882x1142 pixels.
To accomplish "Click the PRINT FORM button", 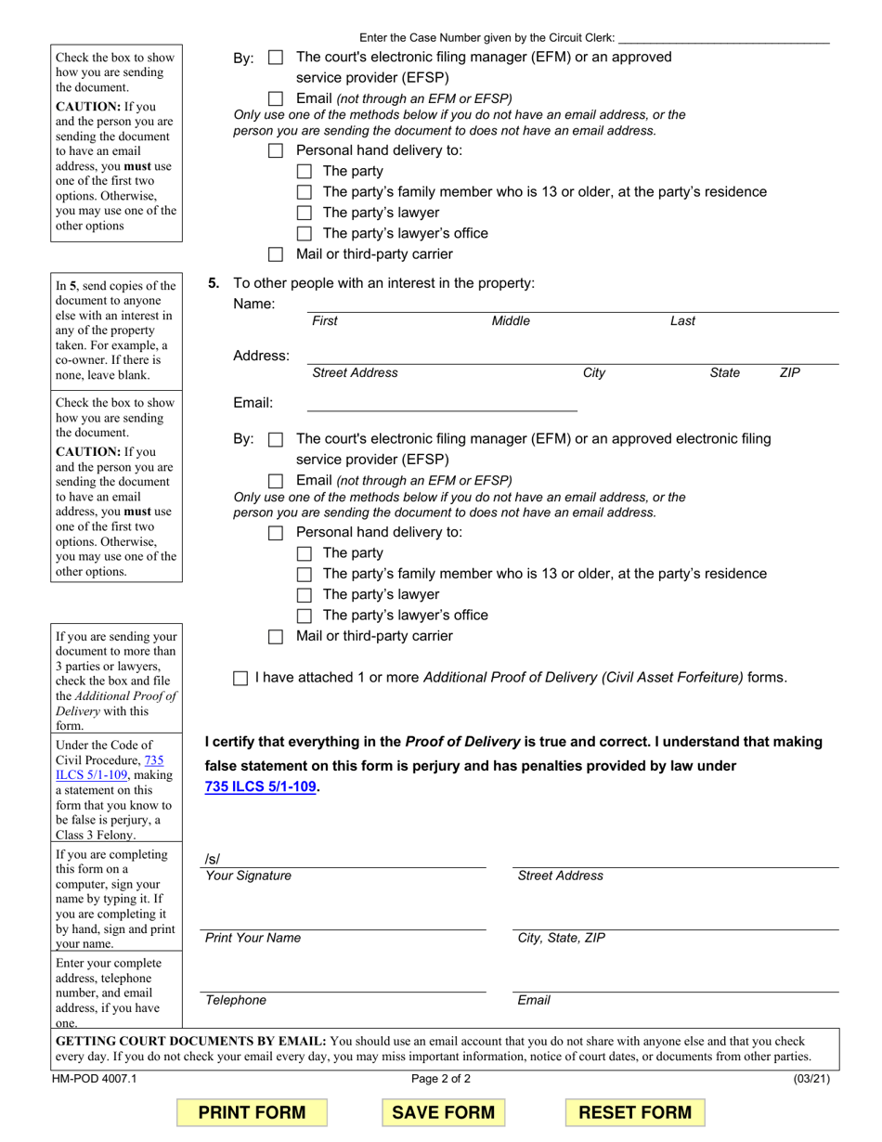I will click(252, 1112).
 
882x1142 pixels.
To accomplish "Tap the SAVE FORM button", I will click(444, 1112).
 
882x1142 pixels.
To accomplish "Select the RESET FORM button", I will click(635, 1112).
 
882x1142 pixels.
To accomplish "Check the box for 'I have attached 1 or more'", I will click(240, 679).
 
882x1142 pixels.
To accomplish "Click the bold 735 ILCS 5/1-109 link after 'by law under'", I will click(261, 787).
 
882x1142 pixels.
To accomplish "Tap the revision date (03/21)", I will click(811, 1079).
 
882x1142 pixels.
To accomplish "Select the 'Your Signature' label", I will click(248, 876).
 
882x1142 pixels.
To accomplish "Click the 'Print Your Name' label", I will click(253, 938).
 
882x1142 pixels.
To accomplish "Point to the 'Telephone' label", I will click(236, 1000).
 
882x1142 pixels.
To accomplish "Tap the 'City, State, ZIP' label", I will click(561, 938).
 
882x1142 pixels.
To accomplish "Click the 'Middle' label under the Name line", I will click(511, 321).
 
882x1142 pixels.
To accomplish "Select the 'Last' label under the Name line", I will click(682, 321).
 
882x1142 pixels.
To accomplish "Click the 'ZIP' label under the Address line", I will click(789, 372).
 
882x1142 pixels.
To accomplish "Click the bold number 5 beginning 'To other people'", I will click(214, 283).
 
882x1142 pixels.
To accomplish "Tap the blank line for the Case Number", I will click(723, 38).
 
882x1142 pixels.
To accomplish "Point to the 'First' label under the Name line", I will click(325, 321).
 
